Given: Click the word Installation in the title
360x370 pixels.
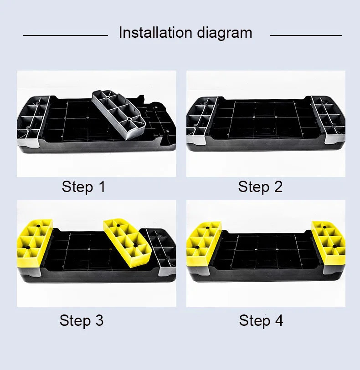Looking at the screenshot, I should pyautogui.click(x=155, y=33).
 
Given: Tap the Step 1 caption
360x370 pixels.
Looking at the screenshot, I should pyautogui.click(x=83, y=187).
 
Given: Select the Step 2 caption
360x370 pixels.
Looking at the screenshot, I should pyautogui.click(x=260, y=187).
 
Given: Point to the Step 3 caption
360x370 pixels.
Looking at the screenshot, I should pyautogui.click(x=82, y=320).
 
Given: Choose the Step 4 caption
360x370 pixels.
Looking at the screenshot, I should pyautogui.click(x=261, y=320).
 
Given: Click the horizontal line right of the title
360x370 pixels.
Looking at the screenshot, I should pyautogui.click(x=306, y=35).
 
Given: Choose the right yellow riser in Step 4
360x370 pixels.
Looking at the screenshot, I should pyautogui.click(x=328, y=241).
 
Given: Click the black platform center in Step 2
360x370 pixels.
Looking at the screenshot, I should pyautogui.click(x=265, y=121).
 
